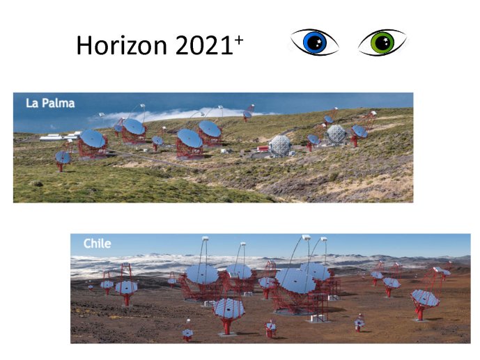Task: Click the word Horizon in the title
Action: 121,45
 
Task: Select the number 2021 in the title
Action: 205,45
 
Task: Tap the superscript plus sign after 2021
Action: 239,40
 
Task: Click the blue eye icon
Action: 314,42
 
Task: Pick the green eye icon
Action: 382,42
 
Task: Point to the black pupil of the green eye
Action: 382,42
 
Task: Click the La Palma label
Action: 50,103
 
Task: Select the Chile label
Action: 97,244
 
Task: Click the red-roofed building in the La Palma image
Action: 263,148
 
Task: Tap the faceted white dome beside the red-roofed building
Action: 279,146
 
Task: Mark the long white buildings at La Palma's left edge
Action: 59,137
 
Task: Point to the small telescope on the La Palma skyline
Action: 248,113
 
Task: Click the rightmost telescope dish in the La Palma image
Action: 359,132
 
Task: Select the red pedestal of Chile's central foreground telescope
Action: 226,326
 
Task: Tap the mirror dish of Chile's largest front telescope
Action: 295,281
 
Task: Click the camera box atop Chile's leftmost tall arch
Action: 205,238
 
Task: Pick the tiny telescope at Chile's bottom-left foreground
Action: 187,334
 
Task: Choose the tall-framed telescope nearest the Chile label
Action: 126,284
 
